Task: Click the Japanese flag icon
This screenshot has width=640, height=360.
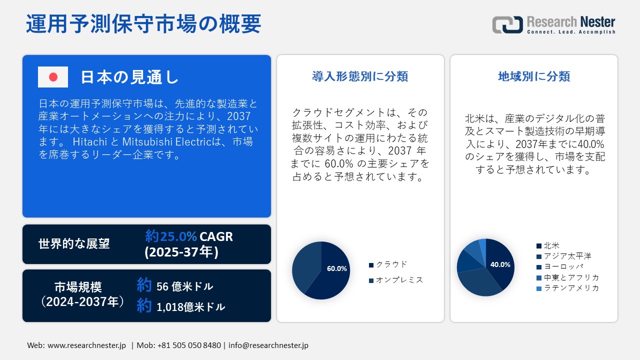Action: (x=53, y=77)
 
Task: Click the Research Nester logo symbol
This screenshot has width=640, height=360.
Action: (x=507, y=24)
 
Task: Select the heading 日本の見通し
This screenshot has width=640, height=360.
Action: (x=129, y=77)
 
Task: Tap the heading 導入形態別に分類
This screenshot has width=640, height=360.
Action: (x=360, y=76)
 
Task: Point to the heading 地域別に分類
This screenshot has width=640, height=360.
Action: (x=534, y=76)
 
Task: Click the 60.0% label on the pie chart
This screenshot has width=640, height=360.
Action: (x=336, y=268)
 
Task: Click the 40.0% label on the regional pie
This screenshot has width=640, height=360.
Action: (x=500, y=264)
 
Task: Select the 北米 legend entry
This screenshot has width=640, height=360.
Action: (x=551, y=245)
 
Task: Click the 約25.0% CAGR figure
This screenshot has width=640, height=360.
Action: (x=189, y=236)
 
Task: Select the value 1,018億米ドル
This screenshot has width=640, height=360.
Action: (x=190, y=306)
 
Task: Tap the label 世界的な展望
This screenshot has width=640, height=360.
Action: (x=74, y=244)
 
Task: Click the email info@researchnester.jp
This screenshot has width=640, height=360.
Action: (x=268, y=345)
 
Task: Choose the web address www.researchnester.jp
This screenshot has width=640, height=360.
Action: (x=86, y=345)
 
